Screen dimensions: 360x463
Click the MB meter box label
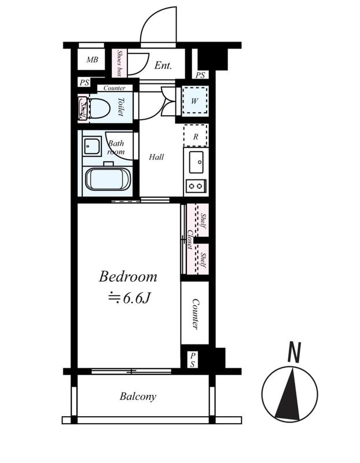(92, 60)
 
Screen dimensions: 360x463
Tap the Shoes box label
(119, 63)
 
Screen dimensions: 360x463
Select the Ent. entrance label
(163, 65)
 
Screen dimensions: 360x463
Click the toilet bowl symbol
(99, 108)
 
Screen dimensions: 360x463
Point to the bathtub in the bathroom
(108, 179)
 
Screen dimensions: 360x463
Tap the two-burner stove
(196, 186)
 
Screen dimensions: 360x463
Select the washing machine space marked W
(194, 101)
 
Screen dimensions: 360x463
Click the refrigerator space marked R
(196, 136)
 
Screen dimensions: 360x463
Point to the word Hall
(156, 157)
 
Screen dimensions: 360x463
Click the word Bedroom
(128, 277)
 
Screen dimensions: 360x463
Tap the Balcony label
(138, 396)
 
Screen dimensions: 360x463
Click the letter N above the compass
(294, 352)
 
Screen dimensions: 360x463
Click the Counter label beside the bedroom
(196, 314)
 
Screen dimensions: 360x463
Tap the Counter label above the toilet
(114, 88)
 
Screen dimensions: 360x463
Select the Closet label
(190, 240)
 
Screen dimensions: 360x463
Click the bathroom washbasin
(91, 146)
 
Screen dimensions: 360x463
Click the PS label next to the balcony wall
(193, 359)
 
